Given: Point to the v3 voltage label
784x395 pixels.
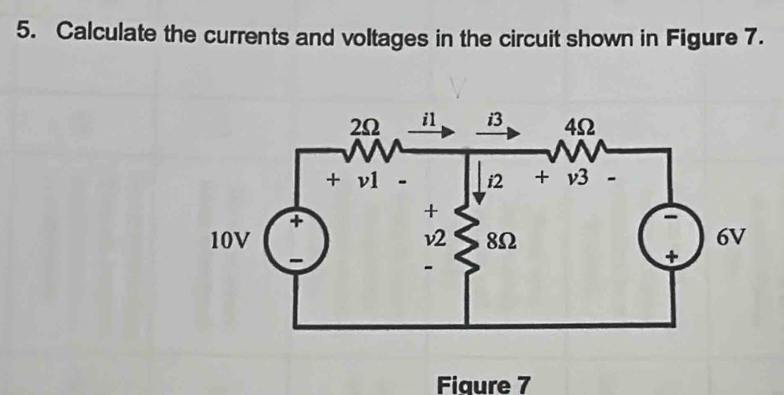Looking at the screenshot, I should coord(582,179).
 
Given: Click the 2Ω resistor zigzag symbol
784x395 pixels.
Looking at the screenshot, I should coord(366,149).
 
